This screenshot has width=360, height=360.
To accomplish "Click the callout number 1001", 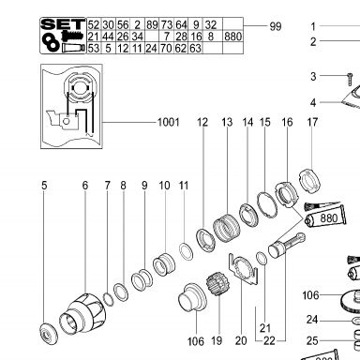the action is [x=169, y=122].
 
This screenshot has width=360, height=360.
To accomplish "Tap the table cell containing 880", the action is [x=232, y=37].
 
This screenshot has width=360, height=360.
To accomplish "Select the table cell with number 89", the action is [x=152, y=24].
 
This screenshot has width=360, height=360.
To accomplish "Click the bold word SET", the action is [x=63, y=24].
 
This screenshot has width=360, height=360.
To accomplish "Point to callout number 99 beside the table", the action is [x=276, y=26].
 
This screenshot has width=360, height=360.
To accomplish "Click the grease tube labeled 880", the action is [x=325, y=217].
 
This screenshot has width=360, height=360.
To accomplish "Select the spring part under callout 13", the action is [x=226, y=227].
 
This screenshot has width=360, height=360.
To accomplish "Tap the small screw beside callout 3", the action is [x=350, y=79].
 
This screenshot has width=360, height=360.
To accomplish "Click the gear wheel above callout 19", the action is [x=217, y=283].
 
